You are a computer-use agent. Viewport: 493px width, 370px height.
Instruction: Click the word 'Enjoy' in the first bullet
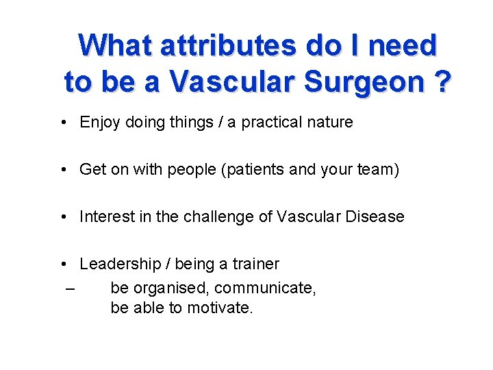click(100, 123)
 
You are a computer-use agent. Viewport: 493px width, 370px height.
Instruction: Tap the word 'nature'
click(330, 123)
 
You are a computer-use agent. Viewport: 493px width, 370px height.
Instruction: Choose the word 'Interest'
click(106, 217)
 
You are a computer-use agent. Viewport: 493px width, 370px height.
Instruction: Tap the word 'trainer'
click(256, 264)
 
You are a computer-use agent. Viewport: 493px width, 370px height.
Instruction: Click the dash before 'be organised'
click(71, 288)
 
